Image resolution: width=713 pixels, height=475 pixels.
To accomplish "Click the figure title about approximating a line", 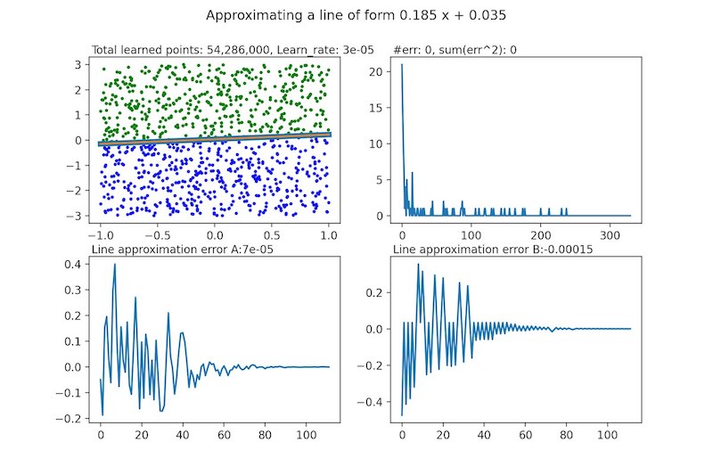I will (x=356, y=16).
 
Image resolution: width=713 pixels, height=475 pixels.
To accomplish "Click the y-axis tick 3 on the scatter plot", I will (x=80, y=64).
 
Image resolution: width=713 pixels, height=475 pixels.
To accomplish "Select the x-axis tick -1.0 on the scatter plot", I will (x=101, y=235).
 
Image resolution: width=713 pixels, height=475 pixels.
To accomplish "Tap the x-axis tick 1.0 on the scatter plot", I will (x=329, y=235).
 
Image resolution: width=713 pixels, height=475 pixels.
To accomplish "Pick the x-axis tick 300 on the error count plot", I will (x=607, y=235).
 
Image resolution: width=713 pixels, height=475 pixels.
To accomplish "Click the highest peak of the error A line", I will (x=114, y=264).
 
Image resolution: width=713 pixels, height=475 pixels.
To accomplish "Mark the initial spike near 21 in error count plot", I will (x=402, y=65).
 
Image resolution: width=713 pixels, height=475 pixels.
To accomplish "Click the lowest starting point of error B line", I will (x=402, y=414).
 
